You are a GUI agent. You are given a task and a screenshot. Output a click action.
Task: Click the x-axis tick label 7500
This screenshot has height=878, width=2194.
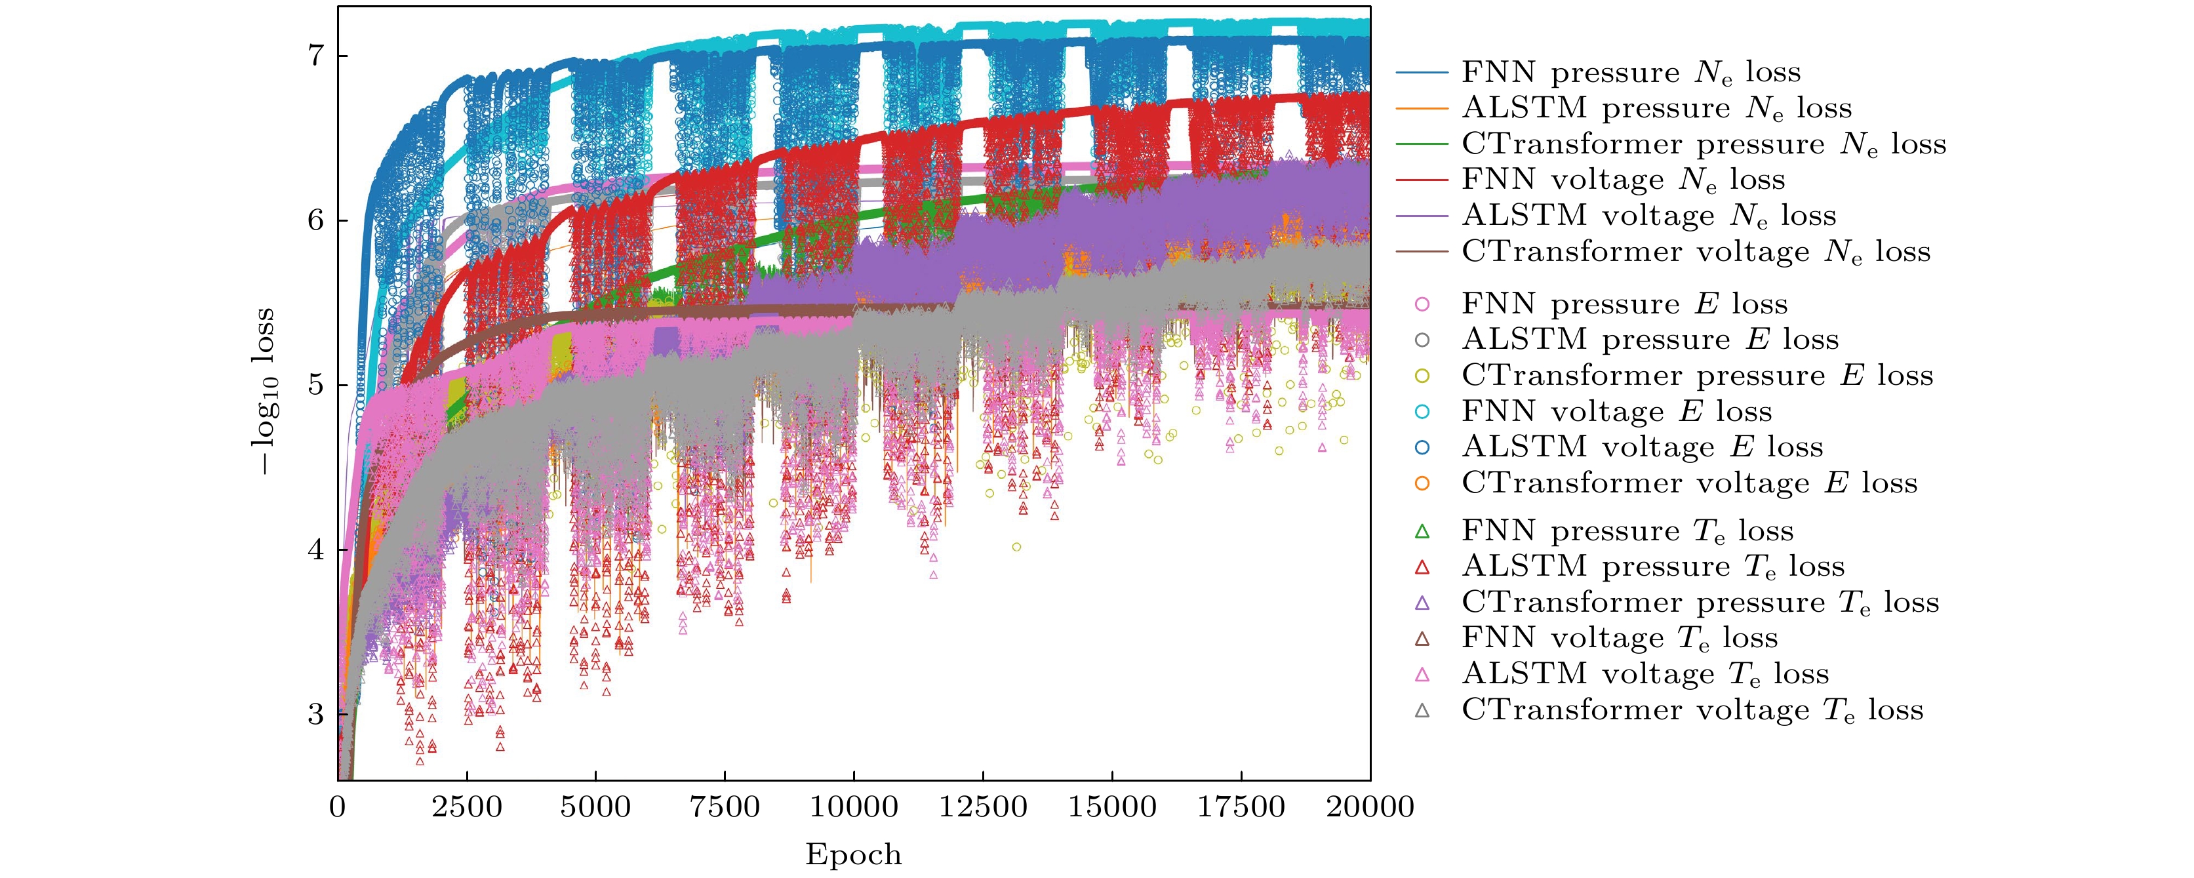click(x=724, y=807)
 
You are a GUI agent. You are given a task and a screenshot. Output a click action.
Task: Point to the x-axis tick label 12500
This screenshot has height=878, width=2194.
click(x=983, y=807)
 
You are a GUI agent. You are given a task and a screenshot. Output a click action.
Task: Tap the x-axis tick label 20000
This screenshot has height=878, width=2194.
click(x=1370, y=807)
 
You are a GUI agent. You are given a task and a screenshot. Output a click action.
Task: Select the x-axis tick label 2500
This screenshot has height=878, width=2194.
click(x=467, y=807)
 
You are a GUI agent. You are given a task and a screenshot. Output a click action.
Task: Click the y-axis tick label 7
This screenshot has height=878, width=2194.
click(x=316, y=56)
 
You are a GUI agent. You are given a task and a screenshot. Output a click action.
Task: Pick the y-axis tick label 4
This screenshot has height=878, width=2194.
click(x=316, y=549)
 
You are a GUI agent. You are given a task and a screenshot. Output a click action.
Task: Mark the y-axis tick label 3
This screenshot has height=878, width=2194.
click(x=316, y=713)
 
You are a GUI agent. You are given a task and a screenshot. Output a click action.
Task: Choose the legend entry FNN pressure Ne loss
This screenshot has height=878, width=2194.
click(x=1631, y=72)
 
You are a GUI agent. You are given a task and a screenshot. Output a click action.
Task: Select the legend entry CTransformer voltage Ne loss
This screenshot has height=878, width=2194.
click(x=1696, y=252)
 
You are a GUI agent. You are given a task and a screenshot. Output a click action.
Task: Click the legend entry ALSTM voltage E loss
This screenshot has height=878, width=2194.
click(x=1642, y=447)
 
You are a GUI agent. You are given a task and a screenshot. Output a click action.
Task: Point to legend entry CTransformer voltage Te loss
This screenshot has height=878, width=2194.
click(x=1692, y=710)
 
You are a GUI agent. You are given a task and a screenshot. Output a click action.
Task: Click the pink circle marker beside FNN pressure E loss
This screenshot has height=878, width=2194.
click(x=1422, y=304)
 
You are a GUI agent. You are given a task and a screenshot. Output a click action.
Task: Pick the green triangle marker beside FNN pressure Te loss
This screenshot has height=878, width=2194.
click(x=1422, y=531)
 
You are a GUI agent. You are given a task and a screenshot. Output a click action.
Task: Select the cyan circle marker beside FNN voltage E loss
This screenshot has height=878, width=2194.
click(x=1422, y=411)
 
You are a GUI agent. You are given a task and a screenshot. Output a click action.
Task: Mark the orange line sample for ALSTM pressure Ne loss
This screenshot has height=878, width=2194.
click(x=1422, y=109)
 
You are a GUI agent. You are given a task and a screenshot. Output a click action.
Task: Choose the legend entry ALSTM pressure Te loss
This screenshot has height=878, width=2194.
click(x=1653, y=567)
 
